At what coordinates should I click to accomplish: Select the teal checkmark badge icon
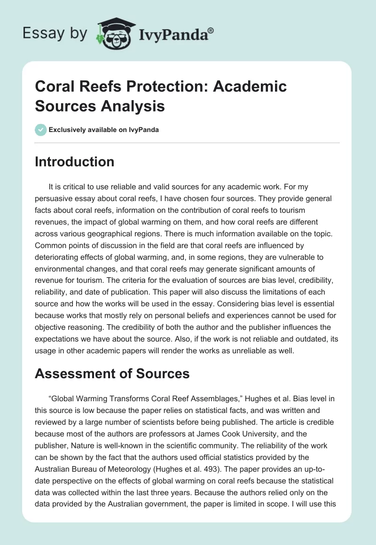[x=40, y=130]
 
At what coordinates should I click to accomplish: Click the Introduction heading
[x=75, y=162]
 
